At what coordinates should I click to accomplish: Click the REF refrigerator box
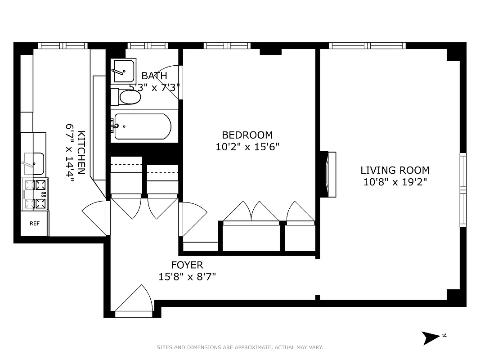coord(34,223)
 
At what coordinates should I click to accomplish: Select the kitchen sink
coord(34,164)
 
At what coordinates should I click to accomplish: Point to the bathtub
coord(142,126)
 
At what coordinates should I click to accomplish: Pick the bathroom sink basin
coord(124,70)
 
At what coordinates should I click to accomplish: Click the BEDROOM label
coord(247,135)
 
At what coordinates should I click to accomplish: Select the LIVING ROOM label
coord(395,170)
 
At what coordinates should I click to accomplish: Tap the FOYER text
coord(187,265)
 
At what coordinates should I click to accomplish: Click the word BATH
coord(154,76)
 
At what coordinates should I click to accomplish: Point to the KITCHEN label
coord(81,152)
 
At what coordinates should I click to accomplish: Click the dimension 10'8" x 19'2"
coord(395,182)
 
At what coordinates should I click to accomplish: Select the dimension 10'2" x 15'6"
coord(247,147)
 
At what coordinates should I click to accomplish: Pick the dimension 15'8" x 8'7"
coord(187,277)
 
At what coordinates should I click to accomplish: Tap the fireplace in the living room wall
coord(328,174)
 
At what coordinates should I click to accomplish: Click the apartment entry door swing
coord(134,299)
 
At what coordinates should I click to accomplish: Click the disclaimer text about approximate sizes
coord(240,347)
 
